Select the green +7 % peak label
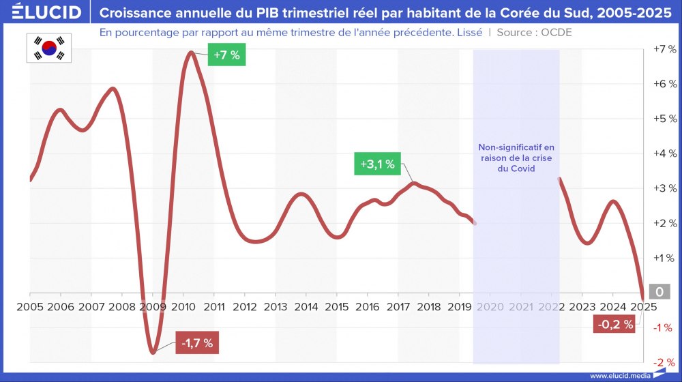pos(226,55)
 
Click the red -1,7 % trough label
pos(198,343)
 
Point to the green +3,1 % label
pos(378,164)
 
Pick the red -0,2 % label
pos(615,325)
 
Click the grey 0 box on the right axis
pos(659,292)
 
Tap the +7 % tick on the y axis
pos(664,50)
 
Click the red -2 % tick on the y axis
pos(665,362)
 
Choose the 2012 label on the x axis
pos(245,307)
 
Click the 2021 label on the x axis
pos(521,307)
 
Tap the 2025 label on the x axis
pos(644,307)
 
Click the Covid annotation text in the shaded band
pos(516,158)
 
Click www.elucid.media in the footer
pos(619,375)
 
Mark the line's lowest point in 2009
pos(153,352)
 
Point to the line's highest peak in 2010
pos(191,53)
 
